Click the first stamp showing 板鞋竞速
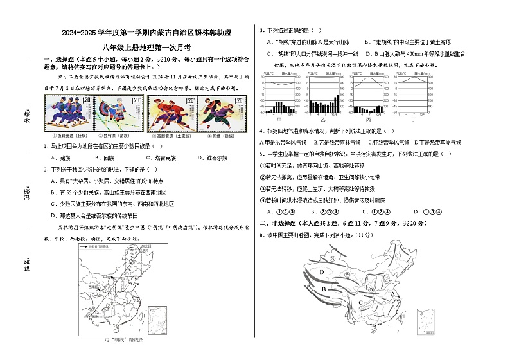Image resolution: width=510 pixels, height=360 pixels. coord(67,113)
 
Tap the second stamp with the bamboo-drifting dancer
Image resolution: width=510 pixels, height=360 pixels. coord(120,113)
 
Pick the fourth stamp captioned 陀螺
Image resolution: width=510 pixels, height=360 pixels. coord(222,113)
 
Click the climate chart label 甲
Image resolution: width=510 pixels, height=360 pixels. coord(279,120)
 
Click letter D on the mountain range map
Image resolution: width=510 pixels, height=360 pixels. coord(321,273)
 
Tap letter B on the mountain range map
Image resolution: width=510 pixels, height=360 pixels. coord(324,289)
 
